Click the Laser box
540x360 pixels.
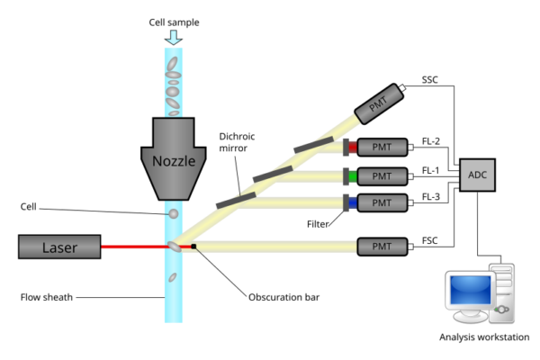point(59,247)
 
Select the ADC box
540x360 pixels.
point(477,175)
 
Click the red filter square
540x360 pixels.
point(353,147)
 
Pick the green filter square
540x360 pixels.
point(353,175)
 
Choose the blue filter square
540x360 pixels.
point(353,203)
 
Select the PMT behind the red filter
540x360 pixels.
point(382,147)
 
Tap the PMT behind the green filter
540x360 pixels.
point(382,175)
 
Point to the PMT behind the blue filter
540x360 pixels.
point(382,203)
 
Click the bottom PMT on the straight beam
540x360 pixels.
point(382,246)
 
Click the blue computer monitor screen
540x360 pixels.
point(469,290)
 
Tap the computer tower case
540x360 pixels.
point(502,292)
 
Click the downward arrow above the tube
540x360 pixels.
point(173,38)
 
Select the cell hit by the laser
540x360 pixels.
point(173,246)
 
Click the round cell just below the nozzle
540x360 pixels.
point(174,214)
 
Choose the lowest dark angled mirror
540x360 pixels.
point(235,198)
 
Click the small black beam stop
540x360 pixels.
point(193,246)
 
